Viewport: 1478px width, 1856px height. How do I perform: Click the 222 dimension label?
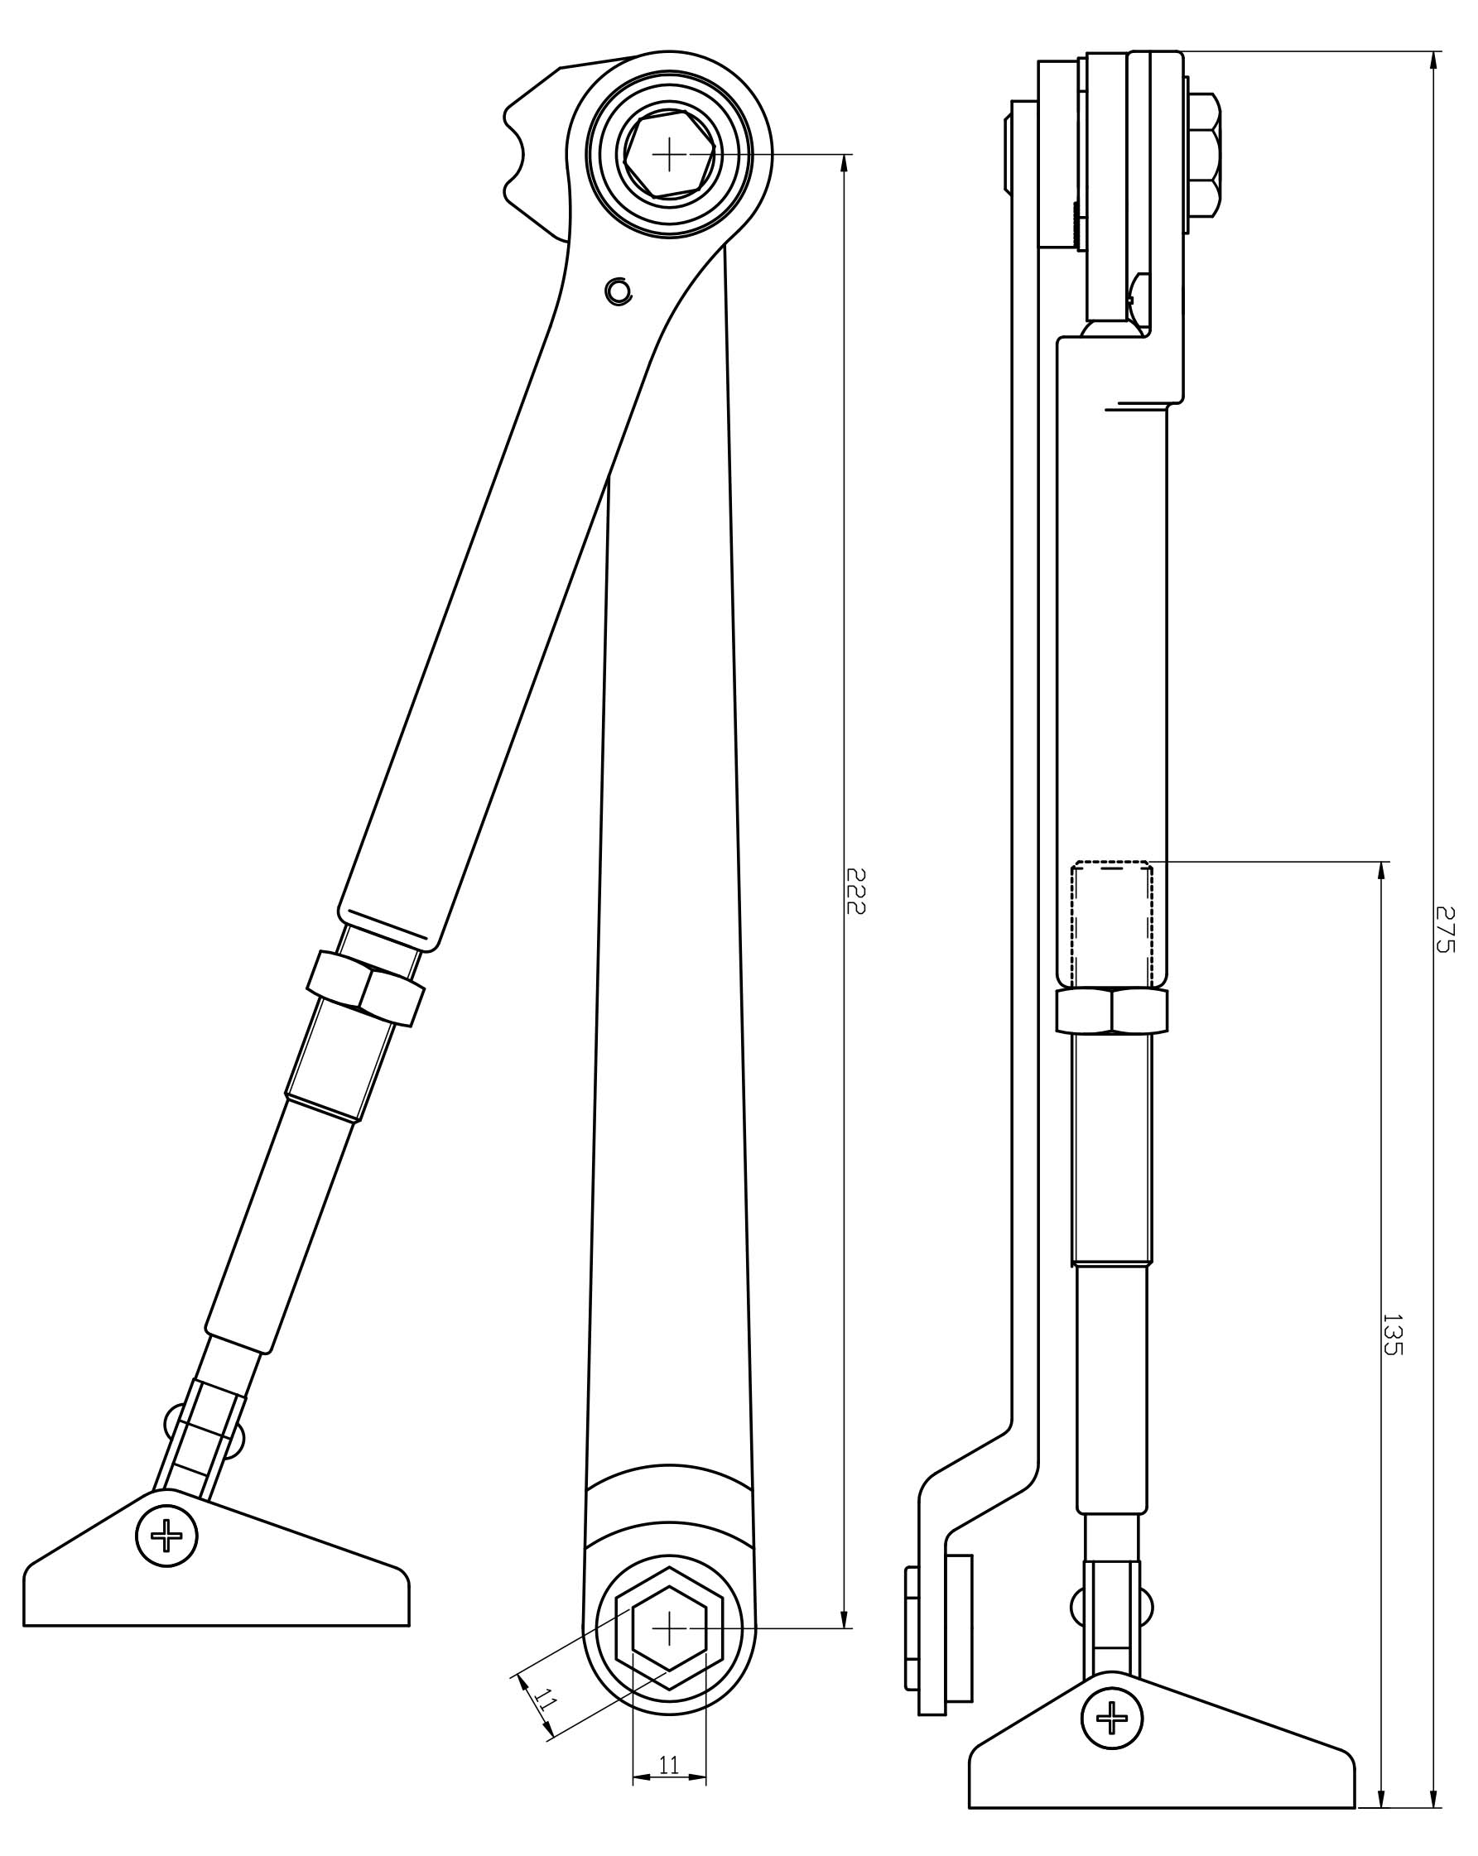point(854,890)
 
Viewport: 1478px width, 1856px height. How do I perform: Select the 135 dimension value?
point(1392,1334)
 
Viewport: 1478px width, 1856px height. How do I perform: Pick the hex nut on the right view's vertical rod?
point(1111,1011)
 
